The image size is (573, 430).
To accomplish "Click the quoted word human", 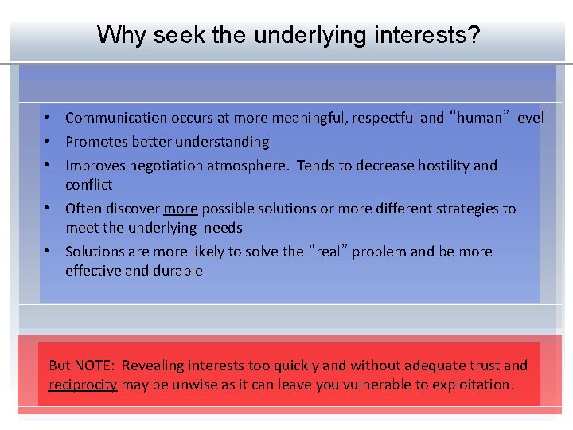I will point(479,118).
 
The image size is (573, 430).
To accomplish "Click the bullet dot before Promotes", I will point(49,142).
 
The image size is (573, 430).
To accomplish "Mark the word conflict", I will point(88,185).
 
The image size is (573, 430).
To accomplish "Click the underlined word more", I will point(180,209).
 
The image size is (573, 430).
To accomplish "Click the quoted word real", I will point(327,252).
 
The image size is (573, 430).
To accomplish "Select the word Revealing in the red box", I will point(152,365).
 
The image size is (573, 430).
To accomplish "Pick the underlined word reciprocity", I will point(83,385).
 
